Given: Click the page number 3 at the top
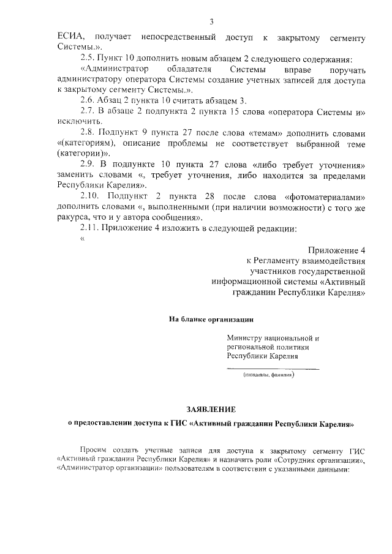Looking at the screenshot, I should (194, 22).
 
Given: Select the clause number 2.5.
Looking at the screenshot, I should (89, 58).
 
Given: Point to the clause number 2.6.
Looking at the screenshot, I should (89, 100).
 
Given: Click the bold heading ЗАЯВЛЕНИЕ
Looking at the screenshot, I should (211, 408).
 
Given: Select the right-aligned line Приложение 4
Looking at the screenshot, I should (337, 250).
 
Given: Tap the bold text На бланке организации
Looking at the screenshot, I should (211, 319).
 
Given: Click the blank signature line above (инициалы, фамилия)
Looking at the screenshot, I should (273, 369).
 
